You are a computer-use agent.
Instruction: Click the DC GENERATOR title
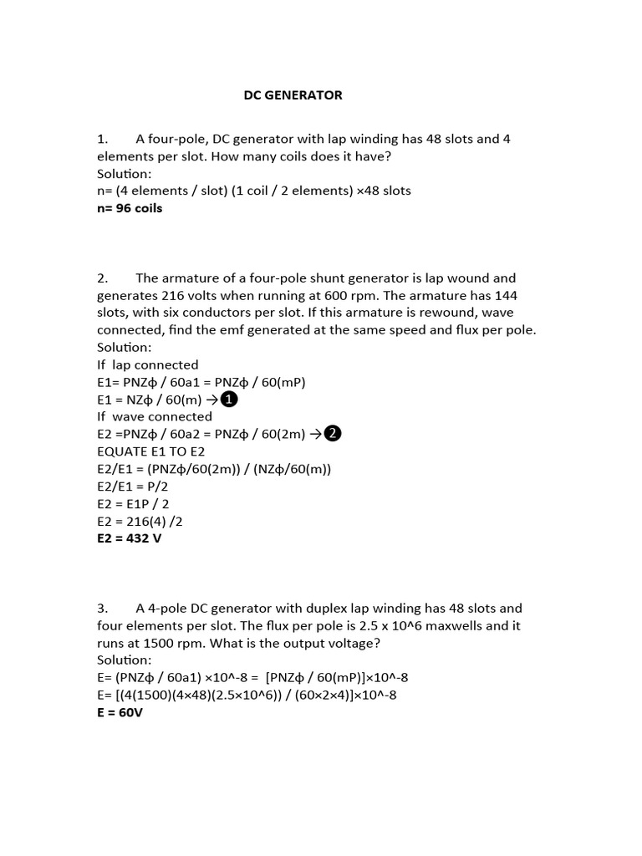pyautogui.click(x=293, y=95)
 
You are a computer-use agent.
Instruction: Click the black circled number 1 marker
pyautogui.click(x=228, y=400)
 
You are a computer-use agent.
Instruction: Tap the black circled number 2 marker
pyautogui.click(x=333, y=433)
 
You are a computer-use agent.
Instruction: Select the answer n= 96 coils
pyautogui.click(x=130, y=208)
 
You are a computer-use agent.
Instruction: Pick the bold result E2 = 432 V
pyautogui.click(x=129, y=538)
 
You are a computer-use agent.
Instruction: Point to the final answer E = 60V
pyautogui.click(x=120, y=713)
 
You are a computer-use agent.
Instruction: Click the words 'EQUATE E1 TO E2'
pyautogui.click(x=150, y=451)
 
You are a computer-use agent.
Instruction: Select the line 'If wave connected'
pyautogui.click(x=155, y=416)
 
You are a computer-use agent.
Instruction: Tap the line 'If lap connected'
pyautogui.click(x=148, y=364)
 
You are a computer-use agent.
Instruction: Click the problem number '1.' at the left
pyautogui.click(x=102, y=139)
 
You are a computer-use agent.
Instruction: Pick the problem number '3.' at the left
pyautogui.click(x=102, y=608)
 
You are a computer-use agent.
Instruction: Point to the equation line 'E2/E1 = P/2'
pyautogui.click(x=133, y=486)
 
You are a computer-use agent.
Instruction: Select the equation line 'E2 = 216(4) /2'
pyautogui.click(x=140, y=521)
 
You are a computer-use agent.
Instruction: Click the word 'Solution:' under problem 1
pyautogui.click(x=125, y=173)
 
